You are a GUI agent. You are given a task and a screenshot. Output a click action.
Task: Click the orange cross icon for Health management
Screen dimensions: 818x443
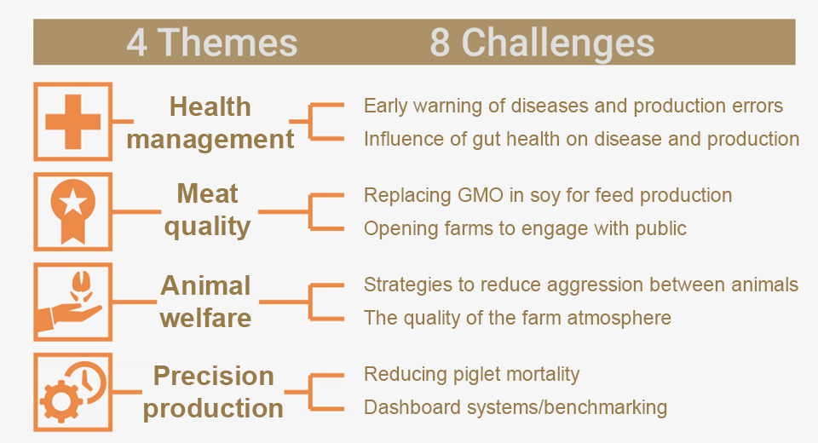[x=73, y=122]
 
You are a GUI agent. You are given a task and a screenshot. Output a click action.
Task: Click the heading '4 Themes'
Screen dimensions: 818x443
[x=212, y=43]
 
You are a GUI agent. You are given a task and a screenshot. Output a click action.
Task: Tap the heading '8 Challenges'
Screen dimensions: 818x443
[x=542, y=43]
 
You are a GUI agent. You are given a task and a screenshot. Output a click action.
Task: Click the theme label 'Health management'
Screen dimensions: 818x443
[x=210, y=124]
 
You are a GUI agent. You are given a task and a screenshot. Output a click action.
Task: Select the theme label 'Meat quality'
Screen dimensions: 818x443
[x=208, y=210]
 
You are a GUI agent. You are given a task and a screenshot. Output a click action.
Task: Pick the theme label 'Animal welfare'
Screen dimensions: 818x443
[x=206, y=302]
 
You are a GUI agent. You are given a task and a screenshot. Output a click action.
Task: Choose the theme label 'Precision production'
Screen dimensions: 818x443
[x=213, y=392]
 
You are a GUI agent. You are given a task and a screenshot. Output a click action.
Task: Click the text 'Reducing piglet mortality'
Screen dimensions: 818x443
[x=471, y=375]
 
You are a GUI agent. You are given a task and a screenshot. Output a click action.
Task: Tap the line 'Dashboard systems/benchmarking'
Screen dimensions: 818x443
[x=516, y=407]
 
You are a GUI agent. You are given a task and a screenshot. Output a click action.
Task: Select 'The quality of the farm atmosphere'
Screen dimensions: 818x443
[x=517, y=318]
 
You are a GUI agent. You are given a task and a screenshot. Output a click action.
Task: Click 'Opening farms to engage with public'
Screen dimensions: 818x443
[x=526, y=228]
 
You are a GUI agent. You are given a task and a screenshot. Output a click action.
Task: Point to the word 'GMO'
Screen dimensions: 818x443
[x=480, y=195]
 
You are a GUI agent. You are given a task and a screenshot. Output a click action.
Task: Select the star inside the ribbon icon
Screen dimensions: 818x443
[x=73, y=202]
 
